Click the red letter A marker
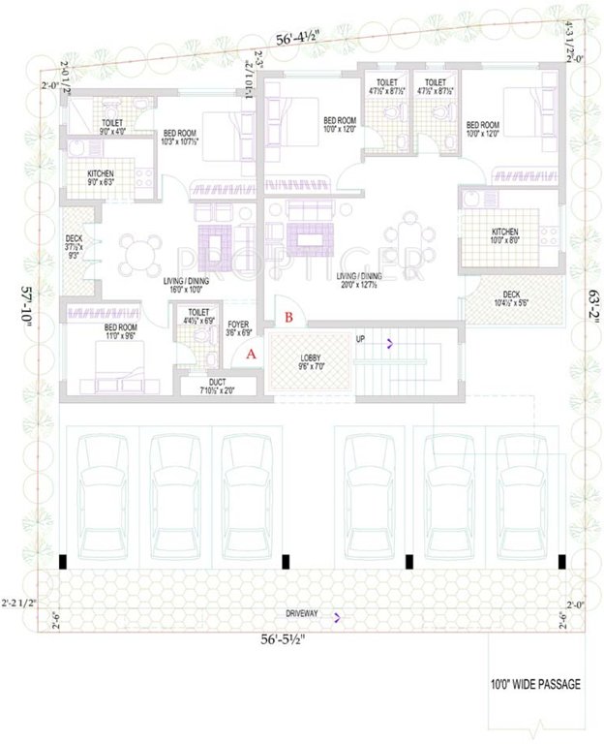click(252, 355)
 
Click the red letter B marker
click(287, 316)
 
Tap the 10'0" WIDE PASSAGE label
click(535, 685)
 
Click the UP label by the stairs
click(361, 340)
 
